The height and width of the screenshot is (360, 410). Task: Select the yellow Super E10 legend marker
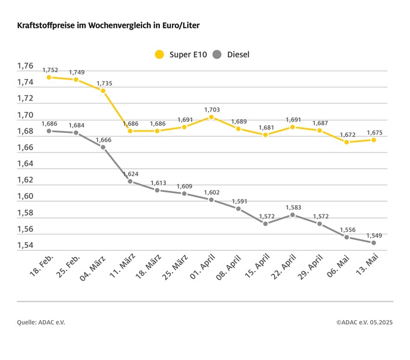(159, 55)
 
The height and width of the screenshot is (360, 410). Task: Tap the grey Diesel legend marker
(217, 55)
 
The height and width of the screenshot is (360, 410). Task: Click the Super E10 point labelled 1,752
(49, 77)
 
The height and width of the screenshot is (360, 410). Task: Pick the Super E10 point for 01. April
(211, 117)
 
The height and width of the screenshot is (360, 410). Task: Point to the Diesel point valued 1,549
(374, 243)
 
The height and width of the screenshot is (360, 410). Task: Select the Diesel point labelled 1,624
(130, 181)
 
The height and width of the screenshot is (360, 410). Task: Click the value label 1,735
(104, 83)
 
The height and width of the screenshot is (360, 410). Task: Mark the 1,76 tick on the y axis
(25, 66)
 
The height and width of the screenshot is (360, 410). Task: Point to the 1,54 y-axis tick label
(25, 246)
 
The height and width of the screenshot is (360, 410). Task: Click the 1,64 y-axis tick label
(25, 164)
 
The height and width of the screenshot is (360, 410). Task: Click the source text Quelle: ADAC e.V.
(41, 322)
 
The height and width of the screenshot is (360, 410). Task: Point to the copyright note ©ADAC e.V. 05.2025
(364, 322)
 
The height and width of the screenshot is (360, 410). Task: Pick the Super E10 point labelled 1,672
(346, 142)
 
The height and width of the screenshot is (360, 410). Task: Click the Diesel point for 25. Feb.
(76, 133)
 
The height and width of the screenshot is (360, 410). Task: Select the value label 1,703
(212, 109)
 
